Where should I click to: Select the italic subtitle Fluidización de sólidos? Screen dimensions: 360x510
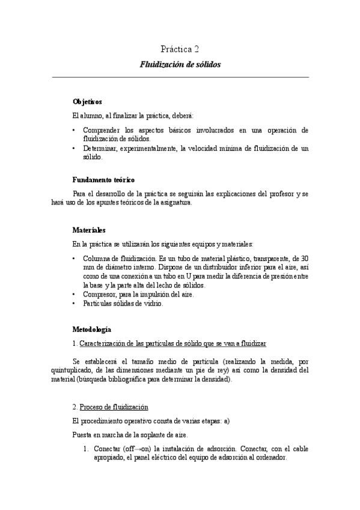[180, 63]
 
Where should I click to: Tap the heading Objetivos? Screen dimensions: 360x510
[87, 102]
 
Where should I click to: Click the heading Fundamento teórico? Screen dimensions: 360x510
[103, 180]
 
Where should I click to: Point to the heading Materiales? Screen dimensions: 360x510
[89, 230]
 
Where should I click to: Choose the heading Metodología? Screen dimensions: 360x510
[91, 329]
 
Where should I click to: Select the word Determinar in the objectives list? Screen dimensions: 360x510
[102, 148]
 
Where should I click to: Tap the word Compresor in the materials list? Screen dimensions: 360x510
[100, 294]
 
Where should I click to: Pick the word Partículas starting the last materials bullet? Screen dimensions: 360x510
[100, 303]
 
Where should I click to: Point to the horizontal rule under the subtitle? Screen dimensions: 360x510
[180, 77]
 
